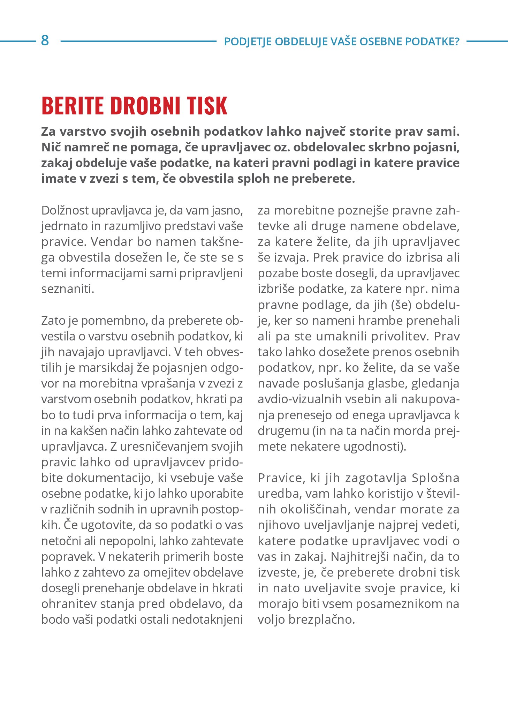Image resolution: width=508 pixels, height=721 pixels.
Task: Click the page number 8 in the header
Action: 45,41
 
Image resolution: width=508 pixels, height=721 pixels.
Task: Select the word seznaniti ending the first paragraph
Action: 67,289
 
